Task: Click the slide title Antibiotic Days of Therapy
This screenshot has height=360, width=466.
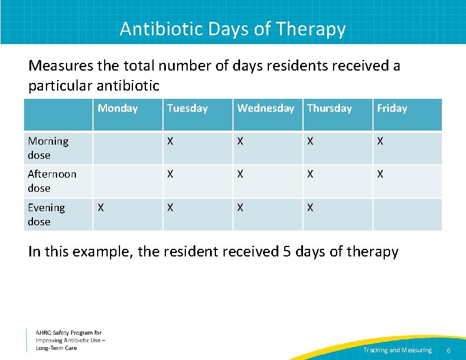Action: click(232, 28)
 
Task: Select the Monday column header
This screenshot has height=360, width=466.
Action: click(118, 108)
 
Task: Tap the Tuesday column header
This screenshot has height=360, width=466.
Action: click(187, 108)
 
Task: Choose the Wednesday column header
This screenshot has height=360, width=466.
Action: click(265, 108)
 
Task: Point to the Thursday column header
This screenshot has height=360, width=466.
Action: click(329, 108)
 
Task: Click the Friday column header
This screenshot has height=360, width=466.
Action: click(392, 108)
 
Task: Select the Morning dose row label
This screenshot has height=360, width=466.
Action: click(48, 148)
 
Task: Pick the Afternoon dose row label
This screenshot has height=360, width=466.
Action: click(52, 181)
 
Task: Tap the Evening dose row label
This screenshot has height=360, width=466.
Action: click(46, 215)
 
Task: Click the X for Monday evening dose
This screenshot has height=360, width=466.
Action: click(101, 208)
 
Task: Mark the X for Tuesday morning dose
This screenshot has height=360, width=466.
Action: click(171, 141)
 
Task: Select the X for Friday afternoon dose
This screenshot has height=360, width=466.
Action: click(381, 174)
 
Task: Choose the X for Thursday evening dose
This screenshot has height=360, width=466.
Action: click(311, 208)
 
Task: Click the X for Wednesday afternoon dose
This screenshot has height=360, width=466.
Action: click(241, 174)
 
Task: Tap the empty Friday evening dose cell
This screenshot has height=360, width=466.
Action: click(407, 215)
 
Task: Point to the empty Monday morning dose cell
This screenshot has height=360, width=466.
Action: click(128, 148)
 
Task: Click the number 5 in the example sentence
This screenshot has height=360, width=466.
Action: click(287, 252)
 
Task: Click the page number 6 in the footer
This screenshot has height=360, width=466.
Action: click(449, 351)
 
